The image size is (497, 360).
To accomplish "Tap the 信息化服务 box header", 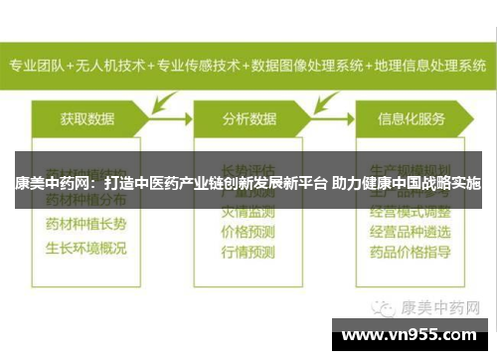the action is coord(413,118).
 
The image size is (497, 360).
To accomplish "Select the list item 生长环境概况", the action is coord(85,246).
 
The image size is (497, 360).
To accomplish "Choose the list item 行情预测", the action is coord(248,253).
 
